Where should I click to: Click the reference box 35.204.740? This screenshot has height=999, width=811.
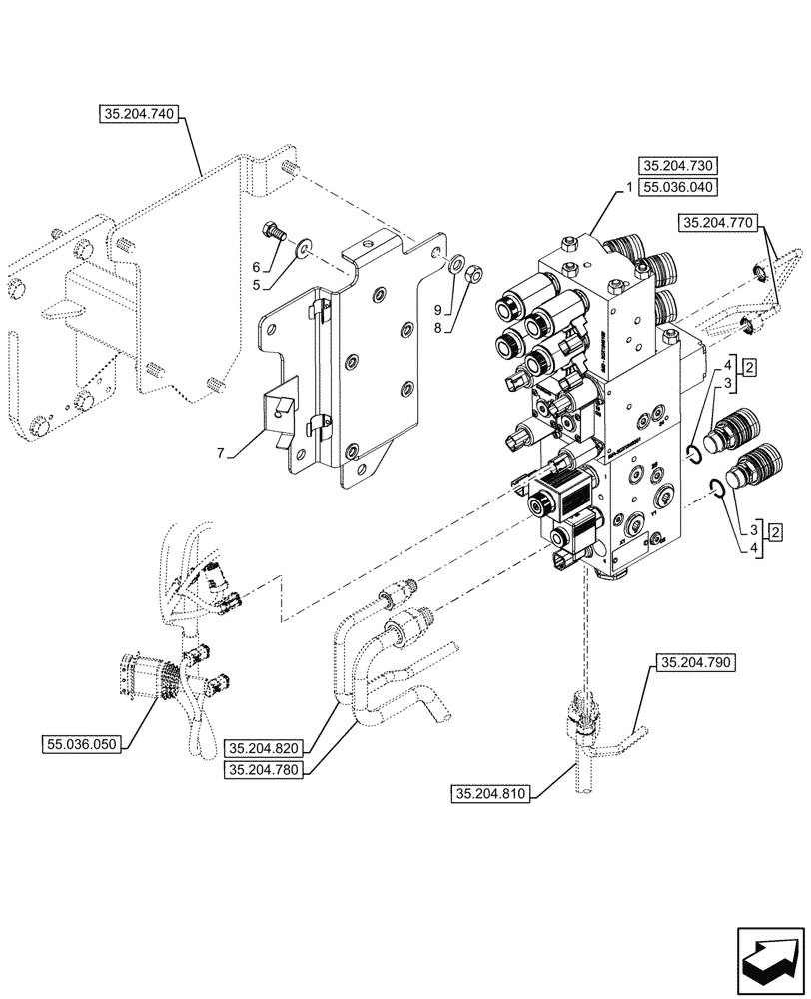139,115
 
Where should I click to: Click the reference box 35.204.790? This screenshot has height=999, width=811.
695,662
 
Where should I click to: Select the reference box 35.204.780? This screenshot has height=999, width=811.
265,769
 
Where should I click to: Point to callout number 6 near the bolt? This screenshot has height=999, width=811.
255,267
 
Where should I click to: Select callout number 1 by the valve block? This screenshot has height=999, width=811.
629,187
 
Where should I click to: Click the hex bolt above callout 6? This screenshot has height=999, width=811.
273,232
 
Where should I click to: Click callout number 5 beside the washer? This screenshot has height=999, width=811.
255,285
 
